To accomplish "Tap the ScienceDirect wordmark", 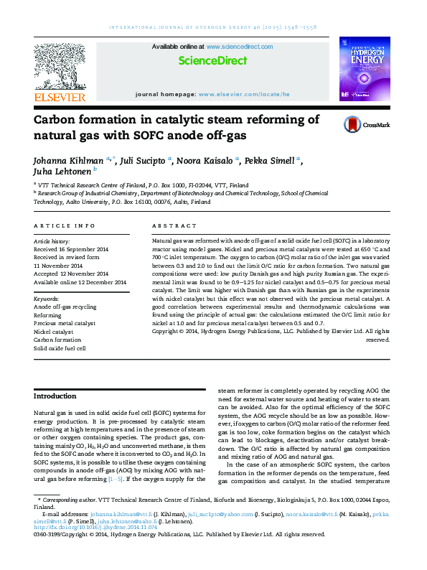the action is [212, 61].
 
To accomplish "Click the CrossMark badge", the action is [366, 124].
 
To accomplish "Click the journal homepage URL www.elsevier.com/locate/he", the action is [244, 94].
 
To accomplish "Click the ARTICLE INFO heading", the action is [65, 225].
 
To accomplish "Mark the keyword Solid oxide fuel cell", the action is [60, 348].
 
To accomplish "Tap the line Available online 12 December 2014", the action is [80, 282].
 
